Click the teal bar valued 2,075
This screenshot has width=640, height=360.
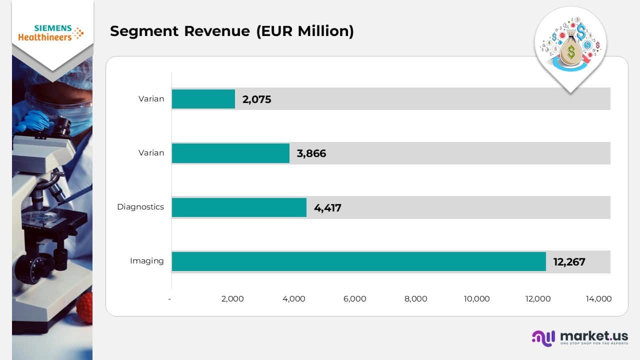click(203, 99)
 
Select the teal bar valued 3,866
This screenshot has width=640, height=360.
click(230, 153)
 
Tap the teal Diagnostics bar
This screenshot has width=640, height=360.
click(239, 207)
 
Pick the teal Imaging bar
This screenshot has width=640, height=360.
click(358, 261)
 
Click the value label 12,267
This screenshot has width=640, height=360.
click(569, 261)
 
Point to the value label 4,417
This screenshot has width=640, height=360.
click(327, 207)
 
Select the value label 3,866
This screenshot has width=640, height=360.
click(311, 153)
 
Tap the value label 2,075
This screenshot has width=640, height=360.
click(256, 99)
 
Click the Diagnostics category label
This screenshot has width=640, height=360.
click(140, 207)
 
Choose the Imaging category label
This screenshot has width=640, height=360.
click(146, 261)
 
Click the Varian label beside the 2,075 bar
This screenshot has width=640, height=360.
click(151, 99)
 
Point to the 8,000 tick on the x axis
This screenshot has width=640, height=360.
click(415, 299)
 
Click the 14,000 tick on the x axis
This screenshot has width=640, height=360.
click(598, 299)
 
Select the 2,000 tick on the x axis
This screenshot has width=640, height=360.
click(232, 299)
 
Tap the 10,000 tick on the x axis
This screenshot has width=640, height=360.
click(476, 299)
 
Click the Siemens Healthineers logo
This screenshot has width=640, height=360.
click(51, 33)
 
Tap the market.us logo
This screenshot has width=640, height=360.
click(580, 337)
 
